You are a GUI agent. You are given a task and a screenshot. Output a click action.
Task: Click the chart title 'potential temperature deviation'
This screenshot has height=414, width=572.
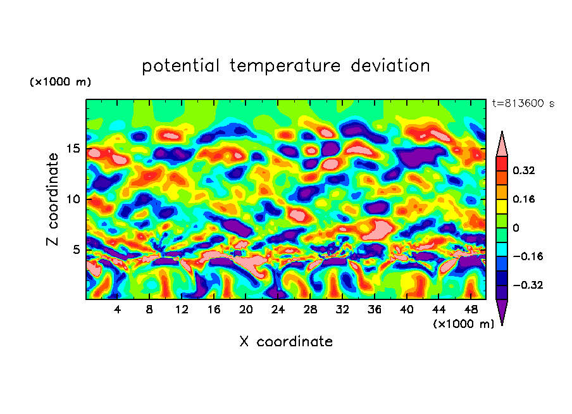tap(286, 66)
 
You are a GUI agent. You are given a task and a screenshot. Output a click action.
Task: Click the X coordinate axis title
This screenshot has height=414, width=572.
tap(286, 342)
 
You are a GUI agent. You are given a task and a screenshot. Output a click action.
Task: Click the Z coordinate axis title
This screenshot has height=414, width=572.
tap(53, 199)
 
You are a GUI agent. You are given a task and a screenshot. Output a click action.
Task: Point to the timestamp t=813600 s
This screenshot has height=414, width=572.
tap(523, 103)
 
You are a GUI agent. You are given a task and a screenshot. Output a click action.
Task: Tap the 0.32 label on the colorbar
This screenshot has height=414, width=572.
tap(525, 170)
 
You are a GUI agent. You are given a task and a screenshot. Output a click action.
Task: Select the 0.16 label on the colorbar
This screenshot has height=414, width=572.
tap(525, 199)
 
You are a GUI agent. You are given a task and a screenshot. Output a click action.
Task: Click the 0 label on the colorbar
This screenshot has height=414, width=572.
tap(516, 228)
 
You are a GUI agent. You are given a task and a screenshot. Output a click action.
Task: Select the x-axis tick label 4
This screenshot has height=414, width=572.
tap(118, 310)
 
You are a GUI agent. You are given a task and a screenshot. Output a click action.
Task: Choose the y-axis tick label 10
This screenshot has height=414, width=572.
tap(73, 199)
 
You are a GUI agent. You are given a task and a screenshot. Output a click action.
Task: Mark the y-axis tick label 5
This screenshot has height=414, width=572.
tap(76, 249)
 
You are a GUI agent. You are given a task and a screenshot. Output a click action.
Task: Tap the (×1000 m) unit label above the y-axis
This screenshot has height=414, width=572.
tap(60, 82)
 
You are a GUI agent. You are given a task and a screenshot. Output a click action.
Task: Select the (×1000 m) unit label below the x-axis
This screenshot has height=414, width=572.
tap(463, 324)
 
